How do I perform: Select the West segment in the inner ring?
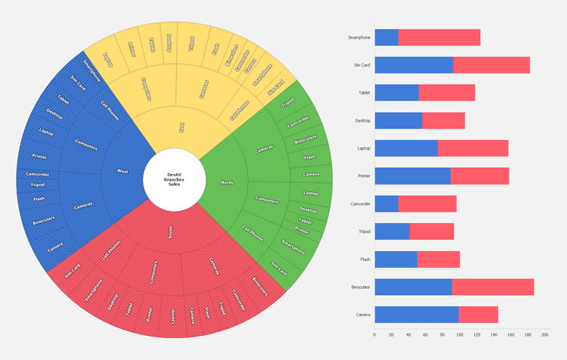[x=122, y=172]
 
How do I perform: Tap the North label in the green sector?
[x=226, y=182]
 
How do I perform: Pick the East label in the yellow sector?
[x=181, y=128]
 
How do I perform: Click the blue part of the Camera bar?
[x=416, y=315]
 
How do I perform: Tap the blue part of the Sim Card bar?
[x=414, y=65]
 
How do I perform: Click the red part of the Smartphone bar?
[x=439, y=37]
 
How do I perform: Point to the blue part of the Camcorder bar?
[x=386, y=203]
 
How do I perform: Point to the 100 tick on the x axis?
[x=460, y=334]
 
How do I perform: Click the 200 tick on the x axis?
[x=544, y=334]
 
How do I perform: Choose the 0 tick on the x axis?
[x=374, y=334]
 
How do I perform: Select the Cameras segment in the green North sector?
[x=264, y=149]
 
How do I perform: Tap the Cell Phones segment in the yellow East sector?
[x=239, y=110]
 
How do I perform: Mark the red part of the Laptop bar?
[x=472, y=148]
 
